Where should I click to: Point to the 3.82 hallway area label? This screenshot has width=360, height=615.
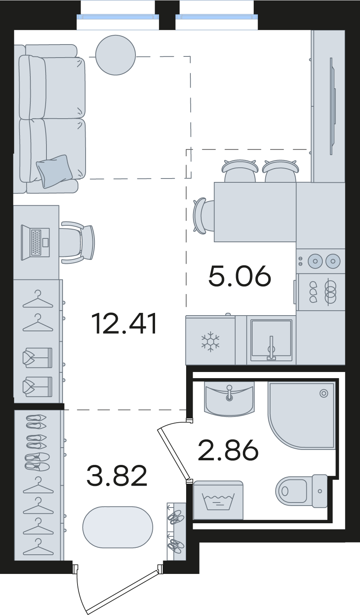[117, 476]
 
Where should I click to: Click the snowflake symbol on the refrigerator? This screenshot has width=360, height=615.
[210, 341]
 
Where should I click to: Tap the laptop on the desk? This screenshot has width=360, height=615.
[36, 243]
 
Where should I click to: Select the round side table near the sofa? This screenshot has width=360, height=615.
[116, 55]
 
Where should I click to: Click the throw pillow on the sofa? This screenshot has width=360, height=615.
[54, 171]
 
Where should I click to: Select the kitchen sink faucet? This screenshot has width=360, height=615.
[271, 347]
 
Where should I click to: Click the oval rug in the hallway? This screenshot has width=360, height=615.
[118, 527]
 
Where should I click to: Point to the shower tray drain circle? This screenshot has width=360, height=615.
[324, 393]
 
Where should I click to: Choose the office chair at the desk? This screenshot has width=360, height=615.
[78, 243]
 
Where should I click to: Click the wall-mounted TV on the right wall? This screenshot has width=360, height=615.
[333, 106]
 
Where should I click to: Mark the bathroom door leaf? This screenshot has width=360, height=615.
[174, 454]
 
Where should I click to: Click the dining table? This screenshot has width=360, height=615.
[255, 212]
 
